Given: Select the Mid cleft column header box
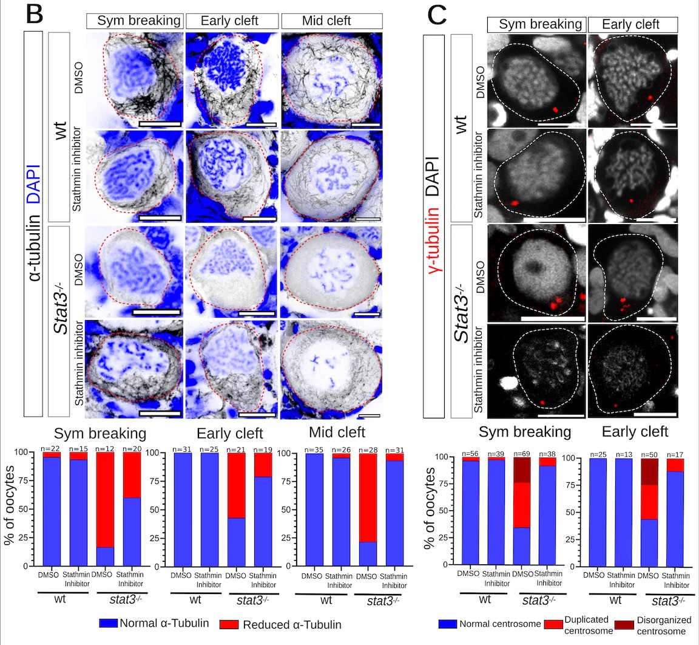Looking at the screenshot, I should pyautogui.click(x=331, y=21).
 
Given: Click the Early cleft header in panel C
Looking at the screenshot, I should pyautogui.click(x=631, y=25).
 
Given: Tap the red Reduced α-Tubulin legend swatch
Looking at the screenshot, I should pyautogui.click(x=230, y=624).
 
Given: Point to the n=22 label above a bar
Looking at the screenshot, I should pyautogui.click(x=52, y=448).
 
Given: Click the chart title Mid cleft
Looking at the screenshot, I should pyautogui.click(x=337, y=432).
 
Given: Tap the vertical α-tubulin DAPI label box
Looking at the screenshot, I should pyautogui.click(x=33, y=224).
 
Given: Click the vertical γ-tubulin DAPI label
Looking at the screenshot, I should pyautogui.click(x=441, y=226).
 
